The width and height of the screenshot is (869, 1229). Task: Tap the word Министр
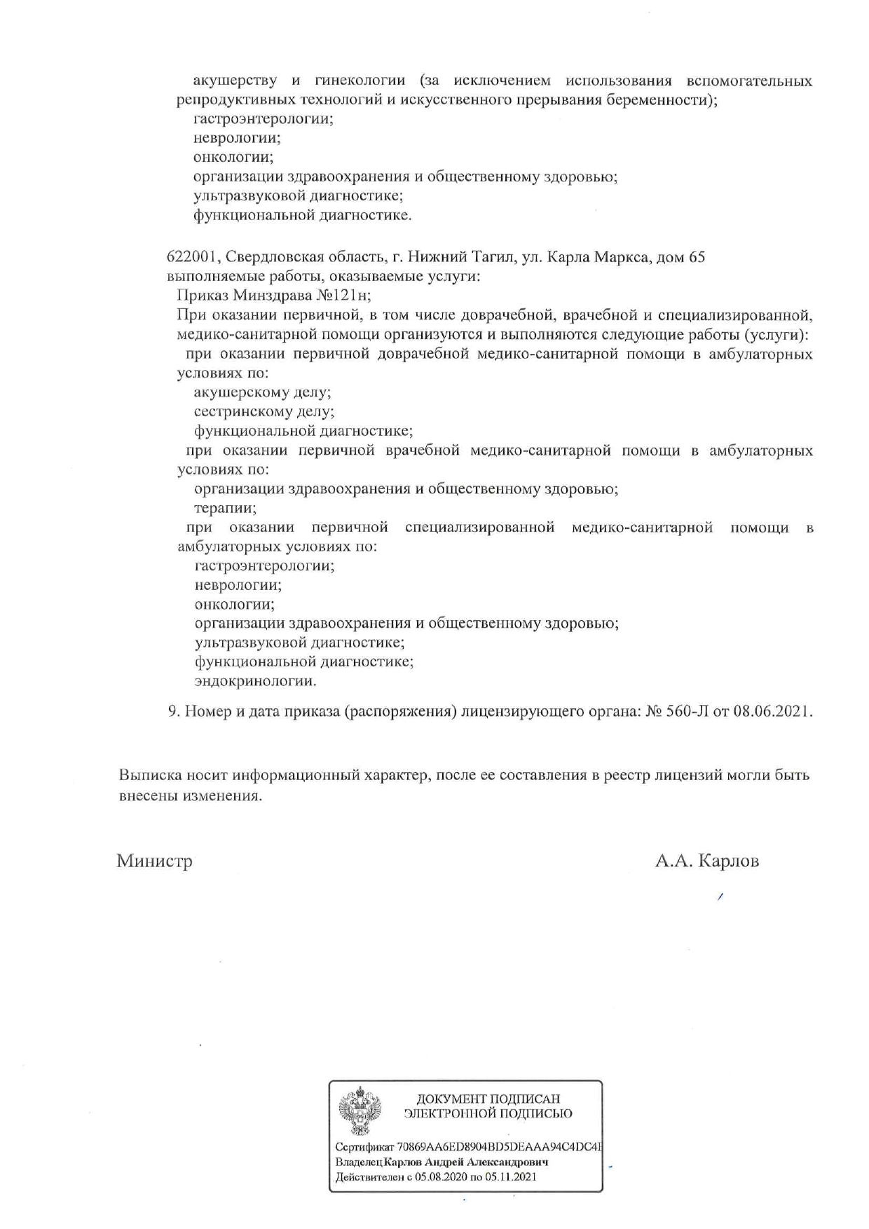click(x=154, y=860)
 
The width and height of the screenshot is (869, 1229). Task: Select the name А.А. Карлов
click(x=706, y=860)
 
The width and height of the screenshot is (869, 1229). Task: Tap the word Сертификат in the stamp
click(x=364, y=1147)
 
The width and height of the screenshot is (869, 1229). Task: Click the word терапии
click(x=225, y=508)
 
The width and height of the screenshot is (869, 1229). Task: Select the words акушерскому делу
click(x=262, y=392)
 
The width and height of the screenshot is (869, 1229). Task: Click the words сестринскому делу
click(x=264, y=412)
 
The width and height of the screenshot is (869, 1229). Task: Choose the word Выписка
click(x=149, y=775)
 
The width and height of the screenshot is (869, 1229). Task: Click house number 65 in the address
click(x=697, y=257)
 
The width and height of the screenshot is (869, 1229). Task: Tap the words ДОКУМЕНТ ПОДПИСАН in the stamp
click(x=488, y=1099)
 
